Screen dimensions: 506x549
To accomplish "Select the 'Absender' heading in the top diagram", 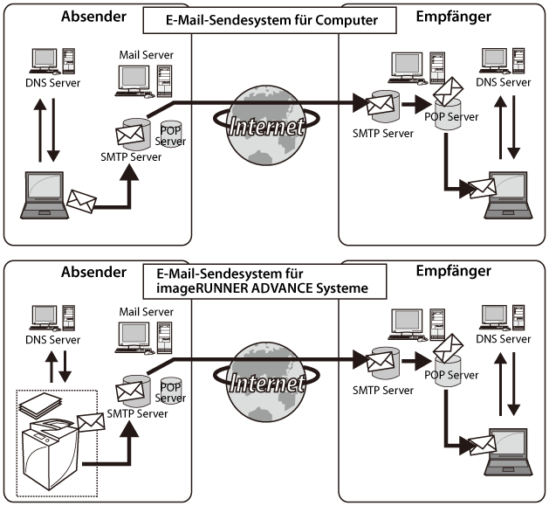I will [94, 17].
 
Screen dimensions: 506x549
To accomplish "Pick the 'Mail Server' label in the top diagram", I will [146, 55].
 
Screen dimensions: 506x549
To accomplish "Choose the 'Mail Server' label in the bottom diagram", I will [146, 310].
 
